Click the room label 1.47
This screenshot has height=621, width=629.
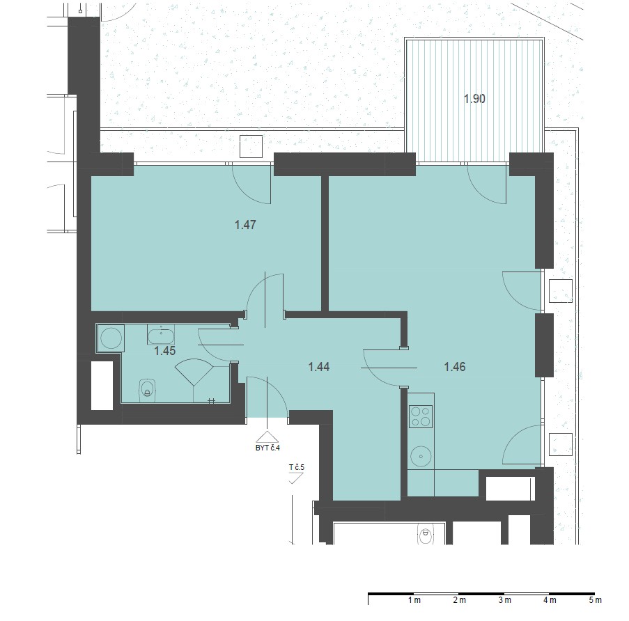(x=245, y=225)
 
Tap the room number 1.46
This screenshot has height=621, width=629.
(x=455, y=367)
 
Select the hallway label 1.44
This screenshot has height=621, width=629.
(x=319, y=367)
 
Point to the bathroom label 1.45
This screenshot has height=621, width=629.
(x=165, y=351)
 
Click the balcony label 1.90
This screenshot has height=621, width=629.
(x=474, y=99)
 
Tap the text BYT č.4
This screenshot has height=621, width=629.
(x=267, y=448)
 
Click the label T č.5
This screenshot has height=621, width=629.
(x=297, y=467)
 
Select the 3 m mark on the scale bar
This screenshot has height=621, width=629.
(x=504, y=600)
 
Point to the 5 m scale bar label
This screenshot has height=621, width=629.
(x=596, y=600)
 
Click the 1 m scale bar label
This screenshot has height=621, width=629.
(x=414, y=600)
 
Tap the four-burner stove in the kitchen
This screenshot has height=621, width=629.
(x=421, y=416)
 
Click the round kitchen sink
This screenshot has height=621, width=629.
(x=421, y=456)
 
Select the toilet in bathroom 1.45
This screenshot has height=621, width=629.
(x=147, y=390)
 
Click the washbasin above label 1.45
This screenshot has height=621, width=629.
(x=161, y=334)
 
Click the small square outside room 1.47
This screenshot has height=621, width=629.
(x=251, y=147)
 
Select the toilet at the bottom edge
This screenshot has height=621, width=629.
(x=426, y=535)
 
